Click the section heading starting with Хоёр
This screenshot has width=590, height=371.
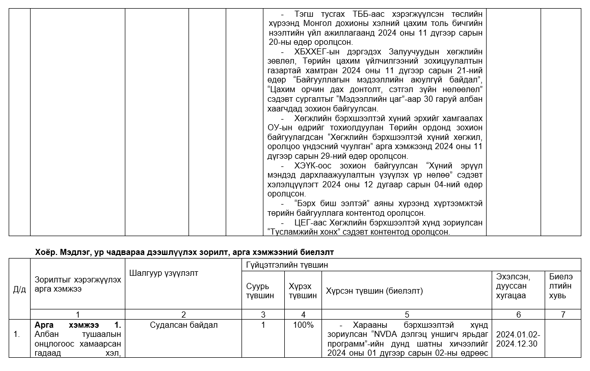184,252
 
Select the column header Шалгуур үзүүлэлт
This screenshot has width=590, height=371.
164,273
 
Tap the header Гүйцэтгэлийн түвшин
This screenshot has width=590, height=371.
287,265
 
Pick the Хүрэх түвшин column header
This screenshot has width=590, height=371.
303,291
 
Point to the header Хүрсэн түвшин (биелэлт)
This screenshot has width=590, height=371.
374,291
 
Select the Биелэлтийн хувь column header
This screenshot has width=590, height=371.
560,286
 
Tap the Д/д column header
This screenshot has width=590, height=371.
19,290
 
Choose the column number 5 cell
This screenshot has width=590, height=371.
407,315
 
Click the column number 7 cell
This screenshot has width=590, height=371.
562,315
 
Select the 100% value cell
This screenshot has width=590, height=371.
303,325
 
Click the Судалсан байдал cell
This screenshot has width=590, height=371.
183,325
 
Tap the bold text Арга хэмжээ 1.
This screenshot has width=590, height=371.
77,325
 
